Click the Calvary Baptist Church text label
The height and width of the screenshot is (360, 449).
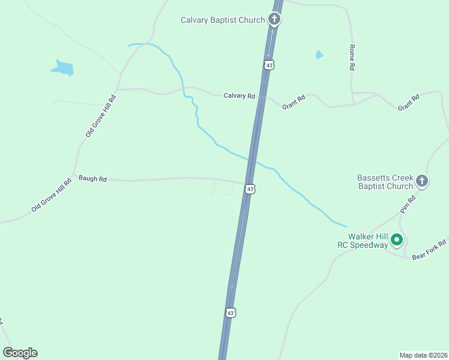pos(223,20)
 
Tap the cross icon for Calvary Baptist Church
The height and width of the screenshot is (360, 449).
pos(274,19)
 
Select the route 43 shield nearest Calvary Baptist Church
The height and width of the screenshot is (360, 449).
pos(269,64)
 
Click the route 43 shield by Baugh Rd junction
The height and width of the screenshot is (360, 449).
pos(250,189)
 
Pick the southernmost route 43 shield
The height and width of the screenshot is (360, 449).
pos(231,313)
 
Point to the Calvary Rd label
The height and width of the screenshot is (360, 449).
pos(240,96)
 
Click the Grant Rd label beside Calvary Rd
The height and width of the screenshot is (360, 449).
pos(294,101)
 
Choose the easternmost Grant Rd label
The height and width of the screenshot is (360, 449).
pos(408,103)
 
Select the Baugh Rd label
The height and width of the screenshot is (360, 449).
pos(92,179)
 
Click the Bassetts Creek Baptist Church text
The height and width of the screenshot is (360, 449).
pos(385,182)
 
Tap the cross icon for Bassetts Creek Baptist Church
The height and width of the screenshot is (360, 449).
pos(422,181)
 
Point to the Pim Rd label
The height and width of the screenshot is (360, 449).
pos(408,204)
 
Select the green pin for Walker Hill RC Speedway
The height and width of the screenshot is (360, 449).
pos(397,241)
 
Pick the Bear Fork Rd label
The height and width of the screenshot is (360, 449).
pos(429,250)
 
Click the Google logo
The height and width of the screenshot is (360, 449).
pos(20,353)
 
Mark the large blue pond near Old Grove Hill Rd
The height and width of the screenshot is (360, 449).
pos(63,68)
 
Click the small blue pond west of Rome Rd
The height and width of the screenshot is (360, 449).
pos(319,55)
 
